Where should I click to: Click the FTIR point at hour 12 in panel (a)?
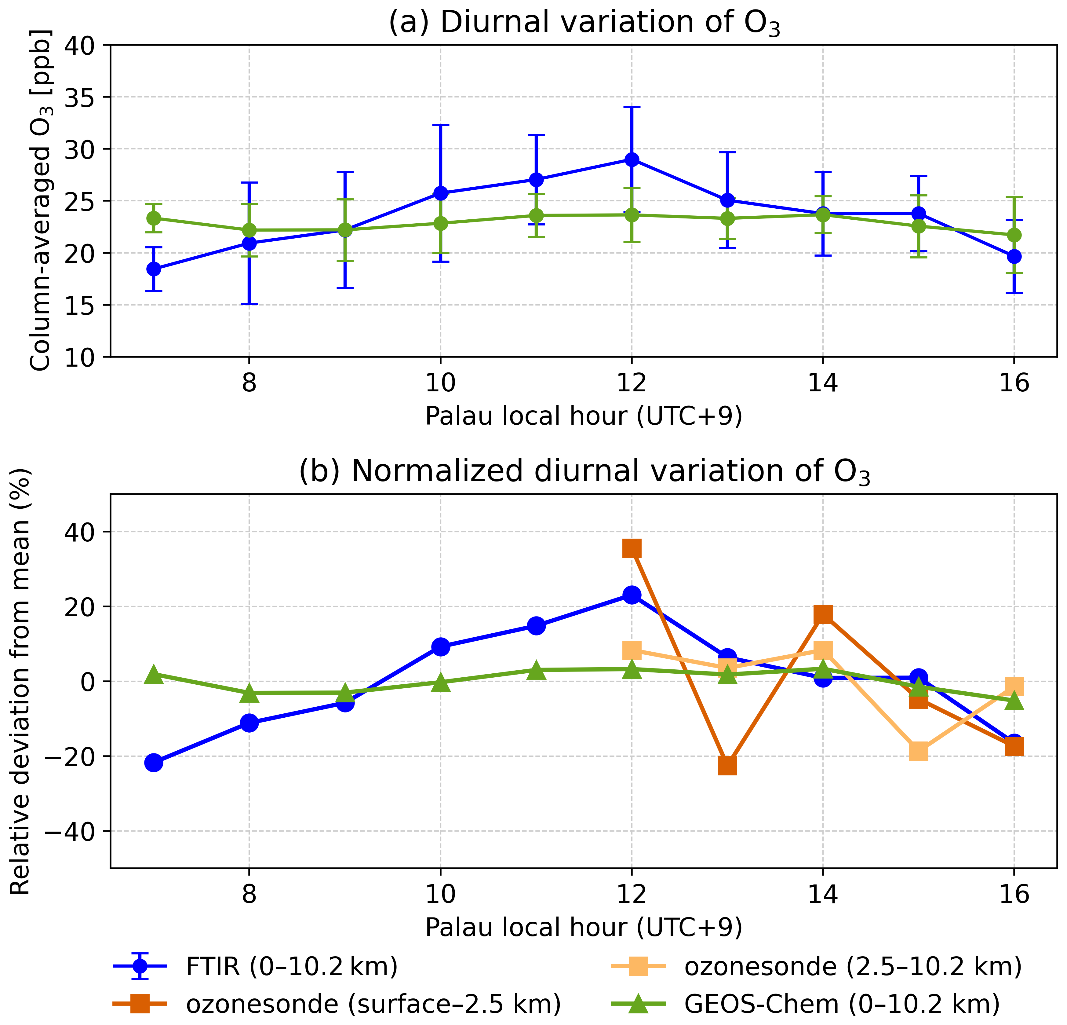point(632,159)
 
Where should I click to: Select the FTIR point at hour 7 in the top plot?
point(154,269)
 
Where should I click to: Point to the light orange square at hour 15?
point(918,751)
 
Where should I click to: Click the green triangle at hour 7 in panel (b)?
point(154,674)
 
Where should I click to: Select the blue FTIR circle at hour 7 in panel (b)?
point(154,763)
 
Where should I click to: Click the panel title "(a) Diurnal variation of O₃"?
point(584,23)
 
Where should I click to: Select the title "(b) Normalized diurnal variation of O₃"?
point(584,472)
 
